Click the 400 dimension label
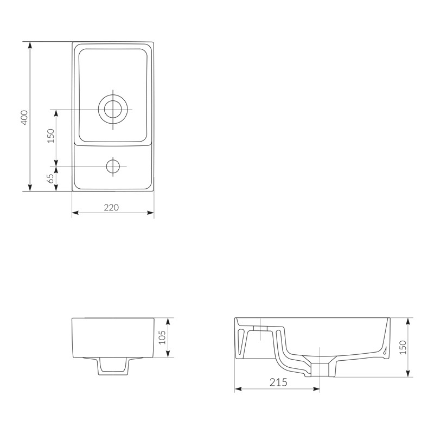(x=24, y=118)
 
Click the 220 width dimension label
(x=111, y=207)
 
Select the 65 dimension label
(x=50, y=178)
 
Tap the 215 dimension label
(x=278, y=382)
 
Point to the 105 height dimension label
(x=162, y=337)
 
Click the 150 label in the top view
(x=51, y=136)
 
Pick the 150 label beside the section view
(x=403, y=347)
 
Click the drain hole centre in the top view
(x=113, y=110)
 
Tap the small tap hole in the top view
(x=113, y=167)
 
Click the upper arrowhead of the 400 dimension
(x=30, y=45)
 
